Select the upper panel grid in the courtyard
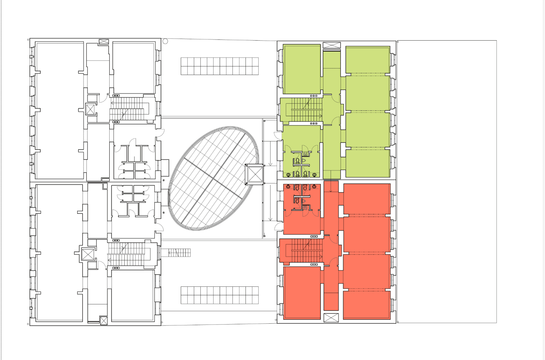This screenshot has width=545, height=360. coord(220,66)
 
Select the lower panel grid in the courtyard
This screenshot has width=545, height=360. coord(220,295)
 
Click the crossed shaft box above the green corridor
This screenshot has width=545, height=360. coord(332,45)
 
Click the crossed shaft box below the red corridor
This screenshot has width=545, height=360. coord(331,318)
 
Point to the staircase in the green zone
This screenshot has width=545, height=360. coord(306,110)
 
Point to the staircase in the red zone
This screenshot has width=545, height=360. coord(306,250)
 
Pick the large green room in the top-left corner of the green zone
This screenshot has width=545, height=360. coord(302,69)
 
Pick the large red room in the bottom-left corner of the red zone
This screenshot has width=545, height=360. coord(302,293)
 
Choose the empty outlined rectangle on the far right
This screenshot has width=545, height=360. coord(447,182)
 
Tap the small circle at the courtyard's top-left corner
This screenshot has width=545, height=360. coord(165,41)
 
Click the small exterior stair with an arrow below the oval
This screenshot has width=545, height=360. coord(179,253)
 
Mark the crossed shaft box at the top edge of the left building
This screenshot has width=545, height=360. coord(104,42)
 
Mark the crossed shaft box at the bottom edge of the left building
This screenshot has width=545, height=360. coord(104,321)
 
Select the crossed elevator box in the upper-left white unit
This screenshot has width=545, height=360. coord(90,109)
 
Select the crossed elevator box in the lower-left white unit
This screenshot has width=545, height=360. coord(88,254)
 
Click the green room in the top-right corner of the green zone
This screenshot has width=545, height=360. coord(368,60)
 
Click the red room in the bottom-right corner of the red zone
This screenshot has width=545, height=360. coord(366,305)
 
